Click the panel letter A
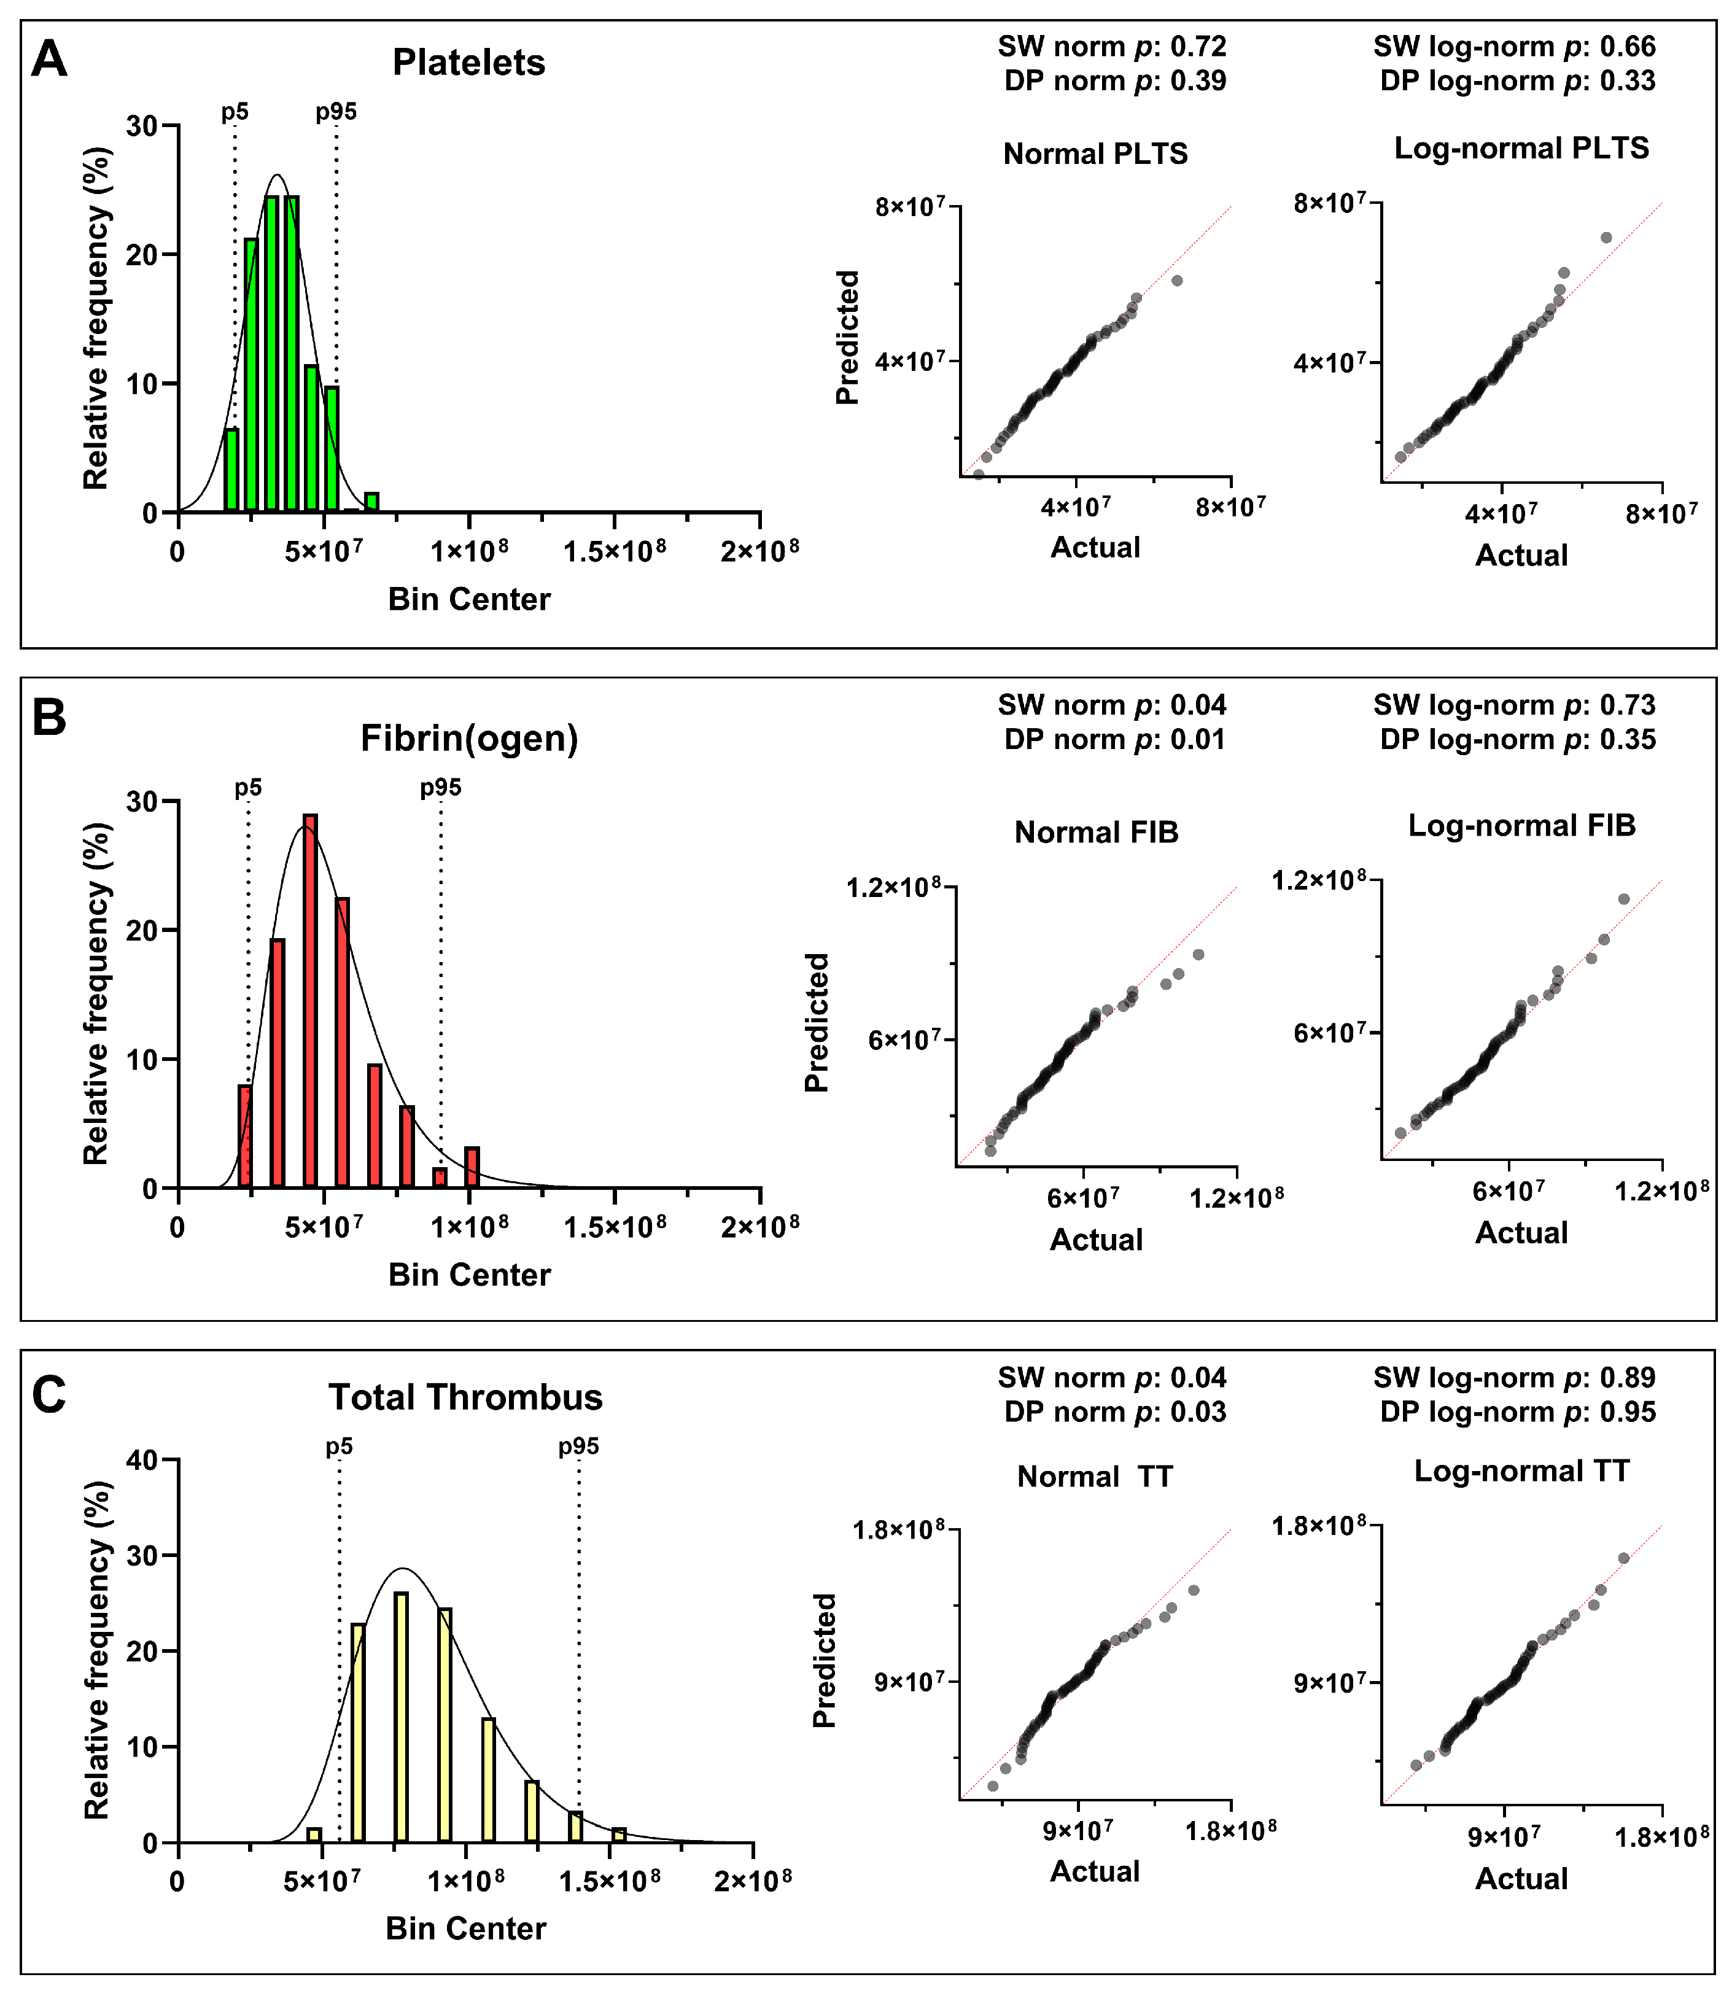(49, 60)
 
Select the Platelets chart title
(468, 63)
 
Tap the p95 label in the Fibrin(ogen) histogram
(441, 788)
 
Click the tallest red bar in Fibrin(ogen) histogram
(310, 1000)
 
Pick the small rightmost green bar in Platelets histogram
(371, 502)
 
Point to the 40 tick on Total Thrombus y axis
(143, 1461)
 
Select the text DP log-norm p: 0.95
(1518, 1412)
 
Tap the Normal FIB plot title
(1096, 833)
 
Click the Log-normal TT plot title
(1521, 1471)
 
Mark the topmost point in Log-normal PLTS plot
(1606, 237)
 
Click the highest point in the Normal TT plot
(1194, 1590)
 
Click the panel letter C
(49, 1395)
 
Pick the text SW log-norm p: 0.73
(1515, 705)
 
